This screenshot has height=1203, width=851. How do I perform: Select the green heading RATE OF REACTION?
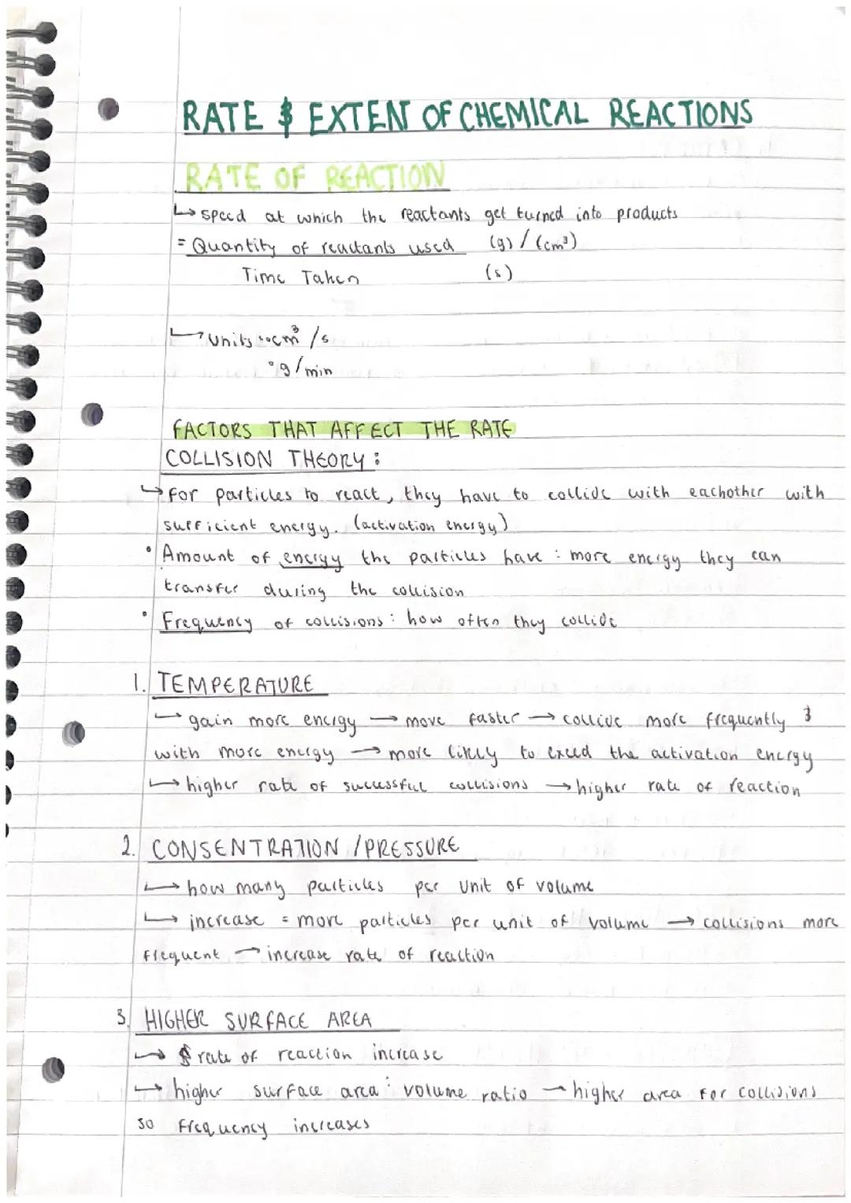(x=315, y=177)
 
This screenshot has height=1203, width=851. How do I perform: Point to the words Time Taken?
(x=300, y=276)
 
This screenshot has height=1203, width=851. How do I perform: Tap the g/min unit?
(x=301, y=368)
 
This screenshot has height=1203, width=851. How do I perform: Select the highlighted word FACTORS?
(x=212, y=431)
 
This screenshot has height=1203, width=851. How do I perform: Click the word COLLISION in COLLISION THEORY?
(x=219, y=459)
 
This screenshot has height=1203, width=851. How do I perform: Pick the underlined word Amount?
(x=199, y=556)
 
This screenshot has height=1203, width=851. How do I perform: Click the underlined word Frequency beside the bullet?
(x=206, y=622)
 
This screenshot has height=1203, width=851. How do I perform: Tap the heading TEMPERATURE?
(x=236, y=684)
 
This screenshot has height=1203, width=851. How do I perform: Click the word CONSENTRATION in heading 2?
(x=245, y=850)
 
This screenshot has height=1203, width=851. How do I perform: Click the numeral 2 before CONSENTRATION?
(x=128, y=847)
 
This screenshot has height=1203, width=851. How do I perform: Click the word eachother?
(x=726, y=492)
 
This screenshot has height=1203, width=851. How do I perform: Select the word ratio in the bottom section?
(x=504, y=1094)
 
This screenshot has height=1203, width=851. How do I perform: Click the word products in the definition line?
(x=646, y=213)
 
